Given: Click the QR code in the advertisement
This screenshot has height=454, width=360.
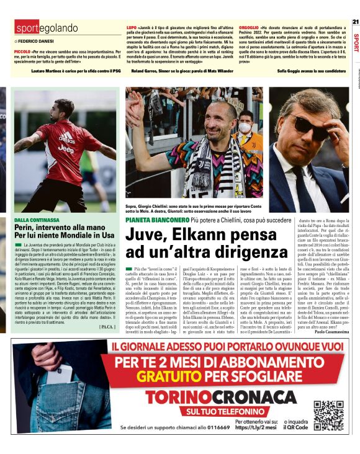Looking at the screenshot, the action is pos(328,416).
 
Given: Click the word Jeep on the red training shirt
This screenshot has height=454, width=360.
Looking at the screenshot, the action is pos(65,149).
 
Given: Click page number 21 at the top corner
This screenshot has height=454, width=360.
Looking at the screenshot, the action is pos(355,22).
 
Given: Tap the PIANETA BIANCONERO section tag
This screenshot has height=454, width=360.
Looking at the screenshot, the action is pos(155,220).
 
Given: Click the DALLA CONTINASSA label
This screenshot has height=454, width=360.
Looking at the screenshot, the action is pos(37,220).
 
